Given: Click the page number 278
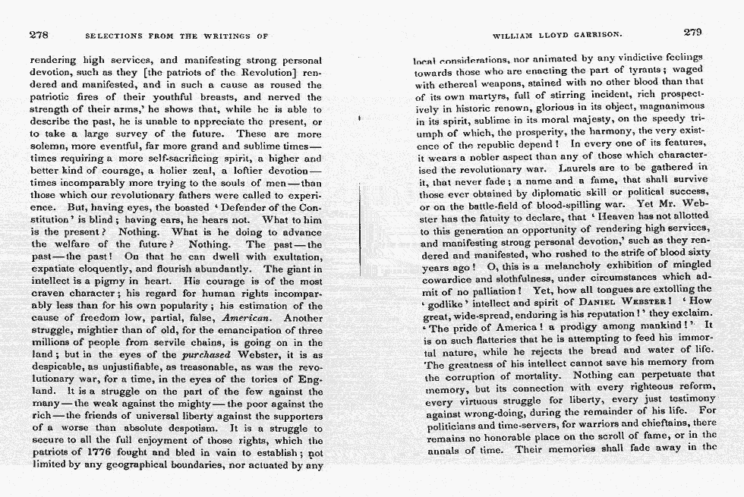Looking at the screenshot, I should [39, 34].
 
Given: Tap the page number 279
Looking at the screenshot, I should [692, 32].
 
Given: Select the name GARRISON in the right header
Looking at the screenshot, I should [594, 34].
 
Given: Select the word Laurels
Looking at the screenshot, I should [579, 166].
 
